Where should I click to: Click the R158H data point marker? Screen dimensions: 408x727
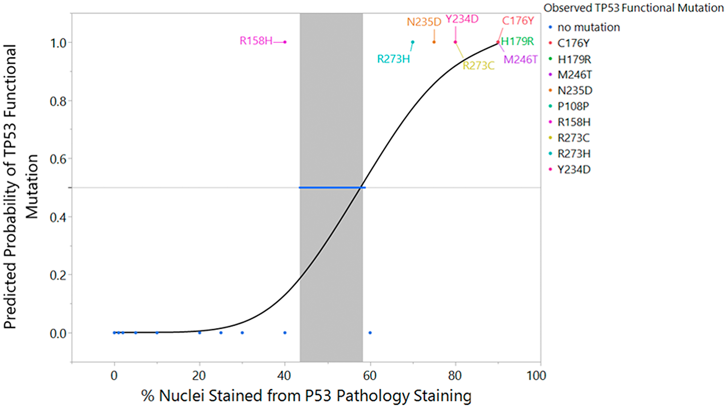[285, 42]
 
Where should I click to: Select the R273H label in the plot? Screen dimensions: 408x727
[393, 59]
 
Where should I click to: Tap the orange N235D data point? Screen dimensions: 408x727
[434, 42]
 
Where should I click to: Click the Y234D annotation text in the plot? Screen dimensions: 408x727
[462, 19]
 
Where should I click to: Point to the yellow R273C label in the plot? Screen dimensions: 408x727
[478, 66]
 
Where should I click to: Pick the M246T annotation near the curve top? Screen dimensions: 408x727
[520, 60]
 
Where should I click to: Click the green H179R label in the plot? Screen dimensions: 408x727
[517, 41]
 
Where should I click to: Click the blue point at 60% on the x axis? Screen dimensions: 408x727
[370, 332]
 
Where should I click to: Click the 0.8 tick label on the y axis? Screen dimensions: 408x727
[58, 101]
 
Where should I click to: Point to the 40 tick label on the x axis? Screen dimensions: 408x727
[284, 376]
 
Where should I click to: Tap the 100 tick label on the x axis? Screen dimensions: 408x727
[536, 376]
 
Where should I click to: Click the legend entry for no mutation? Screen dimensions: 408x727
[589, 27]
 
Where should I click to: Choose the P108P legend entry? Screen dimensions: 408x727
[573, 106]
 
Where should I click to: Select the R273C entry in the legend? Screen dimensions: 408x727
[574, 138]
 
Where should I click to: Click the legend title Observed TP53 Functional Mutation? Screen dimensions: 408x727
[634, 8]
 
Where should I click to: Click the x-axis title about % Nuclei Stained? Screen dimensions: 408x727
[306, 396]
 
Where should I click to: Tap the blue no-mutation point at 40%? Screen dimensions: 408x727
[285, 332]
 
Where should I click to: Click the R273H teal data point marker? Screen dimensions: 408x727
[413, 42]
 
